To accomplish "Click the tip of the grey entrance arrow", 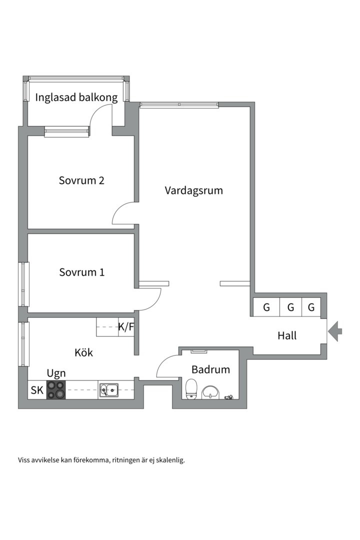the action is pos(328,331).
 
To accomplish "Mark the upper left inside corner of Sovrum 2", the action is pos(28,136).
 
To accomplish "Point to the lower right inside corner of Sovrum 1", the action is pos(134,312).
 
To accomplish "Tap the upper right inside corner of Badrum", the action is pos(238,350).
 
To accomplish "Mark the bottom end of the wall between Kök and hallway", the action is pos(136,354).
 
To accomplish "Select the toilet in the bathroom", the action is pos(191,389).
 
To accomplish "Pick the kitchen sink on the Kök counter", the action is pos(109,390).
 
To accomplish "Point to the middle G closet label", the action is pos(291,307).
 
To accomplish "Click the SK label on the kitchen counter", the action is pos(37,390).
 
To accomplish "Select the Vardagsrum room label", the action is pos(193,190).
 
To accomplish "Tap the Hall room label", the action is pos(287,335).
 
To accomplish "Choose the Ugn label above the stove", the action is pos(56,373).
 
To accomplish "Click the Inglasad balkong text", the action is pos(76,97).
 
